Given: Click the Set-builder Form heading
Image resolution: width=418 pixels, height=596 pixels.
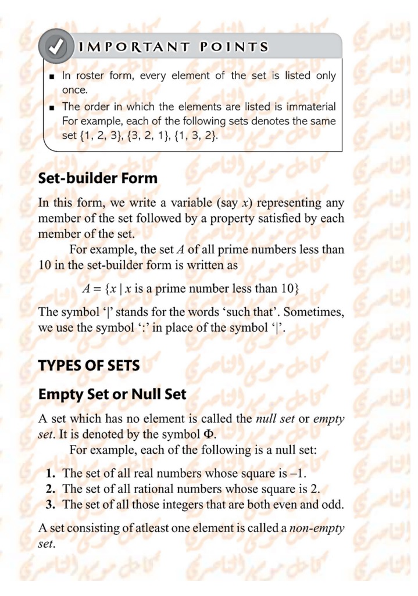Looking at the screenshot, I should tap(98, 178).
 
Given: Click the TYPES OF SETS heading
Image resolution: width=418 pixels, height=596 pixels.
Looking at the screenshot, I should tap(89, 367).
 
